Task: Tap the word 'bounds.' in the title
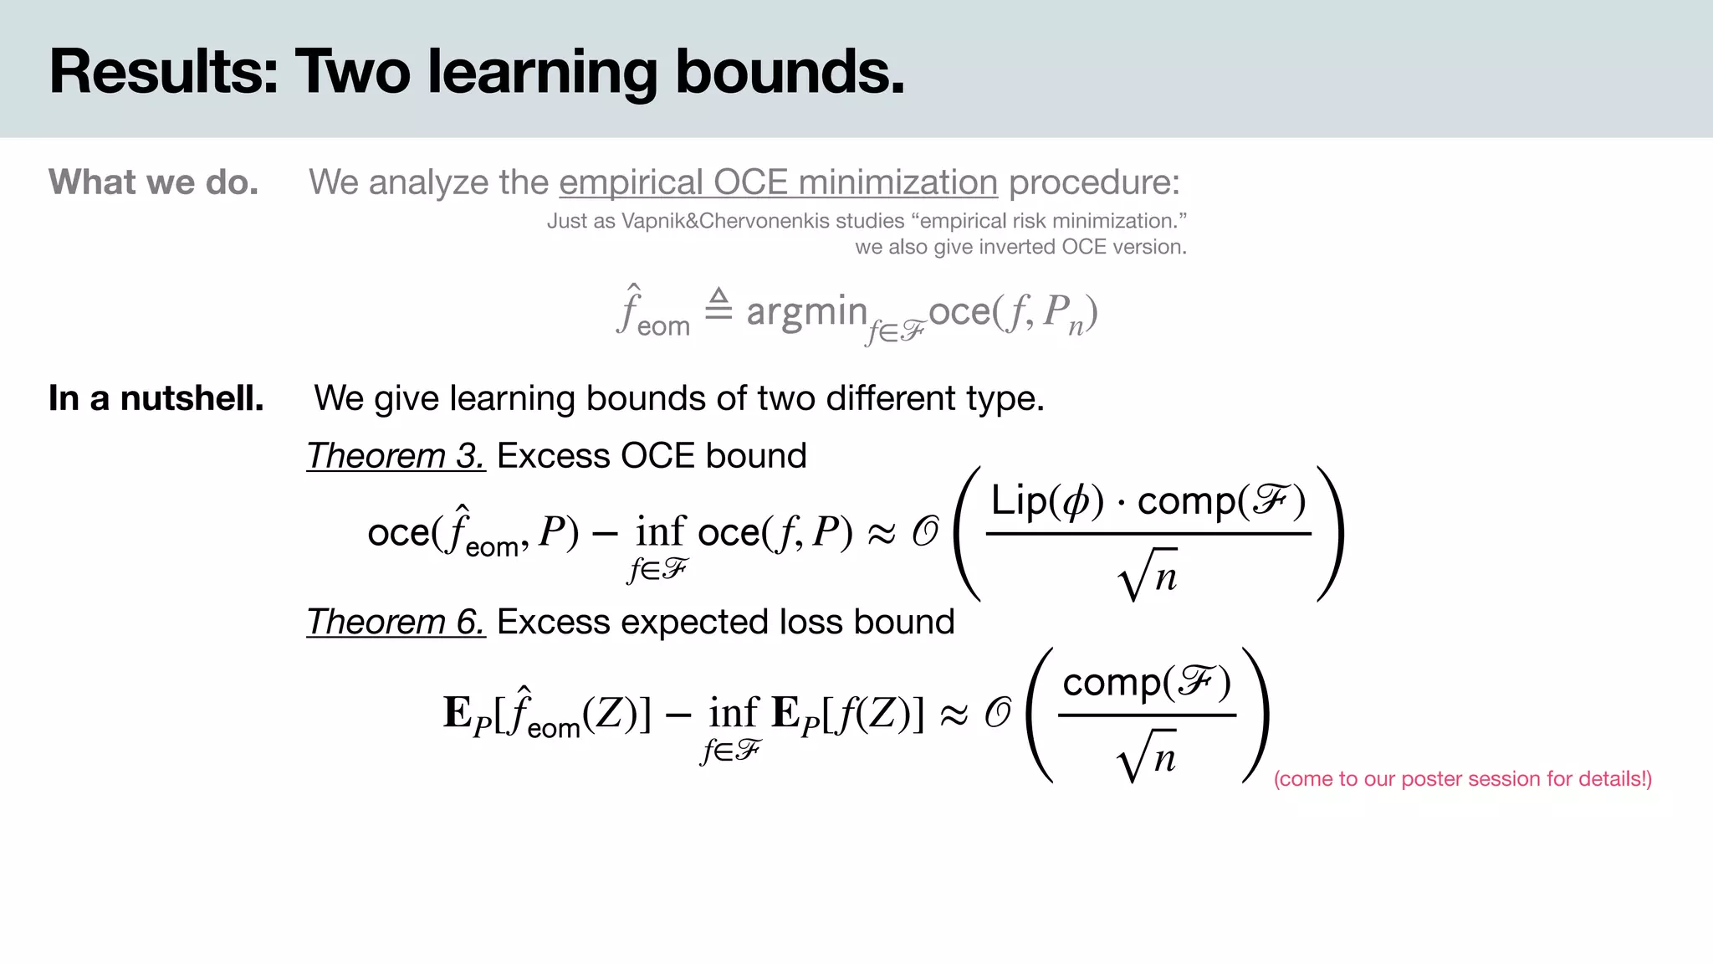pos(790,72)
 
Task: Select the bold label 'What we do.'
pos(154,182)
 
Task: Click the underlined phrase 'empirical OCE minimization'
pos(778,182)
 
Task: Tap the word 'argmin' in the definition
pos(806,311)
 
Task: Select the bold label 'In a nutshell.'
pos(156,398)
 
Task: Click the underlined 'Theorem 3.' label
pos(396,456)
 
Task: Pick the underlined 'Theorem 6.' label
pos(396,622)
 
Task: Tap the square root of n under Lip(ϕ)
pos(1148,576)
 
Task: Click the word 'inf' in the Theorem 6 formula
pos(734,713)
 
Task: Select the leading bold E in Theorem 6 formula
pos(458,713)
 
